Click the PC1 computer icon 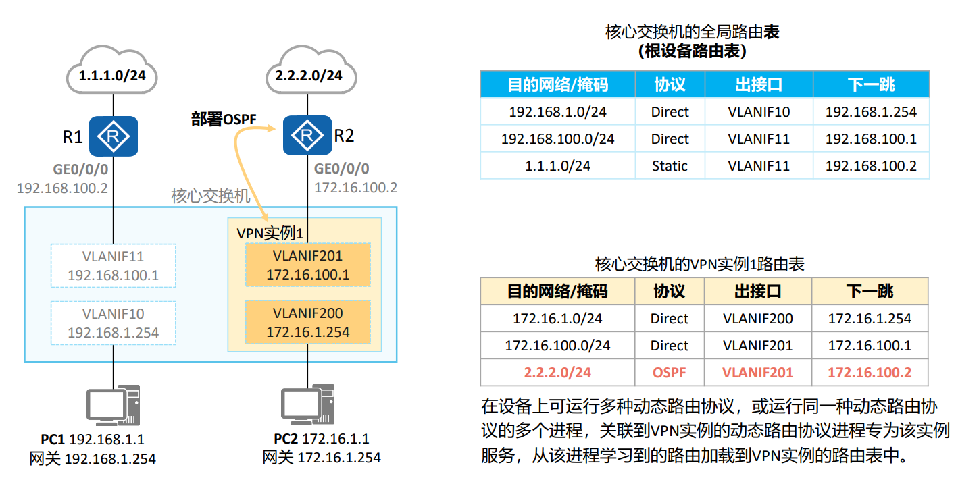[x=112, y=406]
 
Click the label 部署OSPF [x=224, y=120]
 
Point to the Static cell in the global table [x=670, y=165]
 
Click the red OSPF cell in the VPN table [x=669, y=372]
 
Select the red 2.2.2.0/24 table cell [x=557, y=372]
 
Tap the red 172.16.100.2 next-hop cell [x=870, y=372]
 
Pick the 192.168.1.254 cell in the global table [x=871, y=112]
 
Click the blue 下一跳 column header [x=871, y=84]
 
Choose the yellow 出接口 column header [x=757, y=291]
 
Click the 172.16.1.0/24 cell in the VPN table [x=557, y=318]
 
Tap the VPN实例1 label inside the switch [x=269, y=234]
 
